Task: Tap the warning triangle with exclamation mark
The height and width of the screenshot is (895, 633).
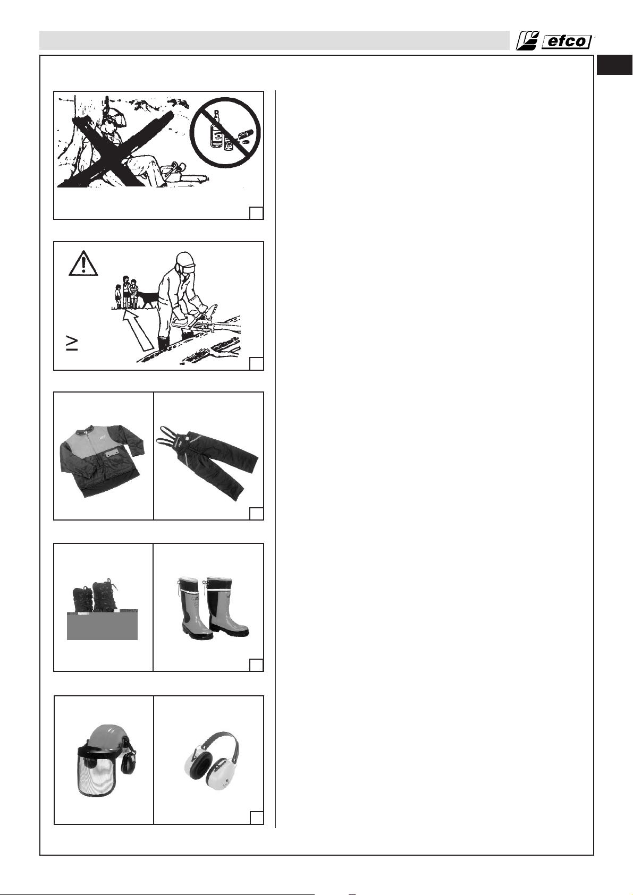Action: [83, 263]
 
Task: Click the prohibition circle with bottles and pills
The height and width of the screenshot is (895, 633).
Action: [225, 132]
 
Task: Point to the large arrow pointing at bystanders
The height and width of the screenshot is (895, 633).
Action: [138, 330]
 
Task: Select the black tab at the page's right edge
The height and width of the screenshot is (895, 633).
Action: [614, 65]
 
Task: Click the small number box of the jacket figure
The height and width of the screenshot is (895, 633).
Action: [256, 514]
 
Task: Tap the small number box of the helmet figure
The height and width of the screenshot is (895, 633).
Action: [257, 817]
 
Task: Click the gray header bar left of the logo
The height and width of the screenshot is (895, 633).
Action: [274, 40]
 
